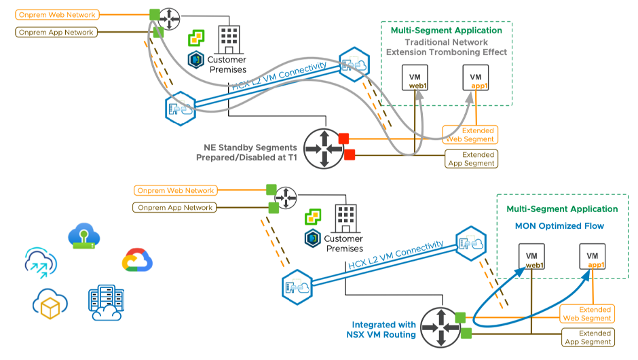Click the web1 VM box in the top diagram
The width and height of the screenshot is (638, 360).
click(x=414, y=78)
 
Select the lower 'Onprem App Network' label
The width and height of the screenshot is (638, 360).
click(x=176, y=208)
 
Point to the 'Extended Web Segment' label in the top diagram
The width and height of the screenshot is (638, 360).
click(x=470, y=134)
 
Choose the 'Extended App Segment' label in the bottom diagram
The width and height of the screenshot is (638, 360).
click(x=588, y=337)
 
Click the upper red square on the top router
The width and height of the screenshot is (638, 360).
click(x=343, y=139)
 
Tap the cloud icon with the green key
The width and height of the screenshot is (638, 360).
click(x=84, y=237)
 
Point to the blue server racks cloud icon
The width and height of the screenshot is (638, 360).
click(x=105, y=304)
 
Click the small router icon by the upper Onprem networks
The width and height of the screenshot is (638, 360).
click(x=171, y=14)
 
